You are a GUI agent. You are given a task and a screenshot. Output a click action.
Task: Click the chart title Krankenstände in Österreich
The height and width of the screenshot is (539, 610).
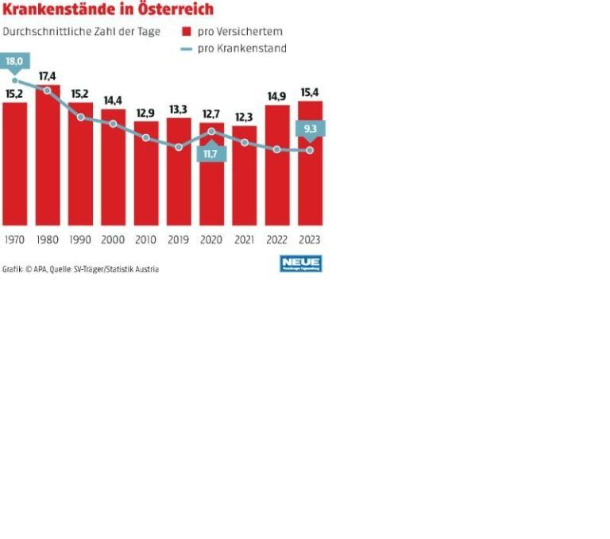(x=108, y=10)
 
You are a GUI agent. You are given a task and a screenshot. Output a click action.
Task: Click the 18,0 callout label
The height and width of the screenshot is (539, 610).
(x=14, y=61)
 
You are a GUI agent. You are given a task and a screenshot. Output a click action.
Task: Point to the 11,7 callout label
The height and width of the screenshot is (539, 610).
(x=210, y=153)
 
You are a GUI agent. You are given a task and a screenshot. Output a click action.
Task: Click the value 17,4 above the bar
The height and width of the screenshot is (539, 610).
(x=48, y=76)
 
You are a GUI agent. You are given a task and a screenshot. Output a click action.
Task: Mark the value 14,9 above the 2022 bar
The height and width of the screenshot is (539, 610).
(x=277, y=97)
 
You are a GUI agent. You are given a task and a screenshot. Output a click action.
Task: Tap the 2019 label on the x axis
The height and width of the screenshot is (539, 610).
(x=179, y=240)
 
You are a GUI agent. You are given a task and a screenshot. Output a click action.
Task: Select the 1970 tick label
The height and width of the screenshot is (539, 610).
(x=14, y=240)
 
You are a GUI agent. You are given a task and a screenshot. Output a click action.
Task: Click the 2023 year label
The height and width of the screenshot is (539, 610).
(x=311, y=240)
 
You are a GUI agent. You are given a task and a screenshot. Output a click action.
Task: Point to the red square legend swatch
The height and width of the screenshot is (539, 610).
(x=187, y=32)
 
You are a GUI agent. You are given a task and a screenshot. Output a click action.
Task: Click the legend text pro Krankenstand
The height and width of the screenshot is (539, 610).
(x=241, y=48)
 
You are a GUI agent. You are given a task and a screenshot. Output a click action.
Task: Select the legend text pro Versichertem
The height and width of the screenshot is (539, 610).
(x=240, y=32)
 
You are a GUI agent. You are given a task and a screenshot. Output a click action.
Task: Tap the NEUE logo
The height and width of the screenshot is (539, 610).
(x=301, y=264)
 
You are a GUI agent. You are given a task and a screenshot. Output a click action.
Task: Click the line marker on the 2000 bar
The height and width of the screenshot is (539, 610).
(x=113, y=124)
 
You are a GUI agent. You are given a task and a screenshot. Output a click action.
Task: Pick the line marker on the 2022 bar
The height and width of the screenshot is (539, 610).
(x=277, y=149)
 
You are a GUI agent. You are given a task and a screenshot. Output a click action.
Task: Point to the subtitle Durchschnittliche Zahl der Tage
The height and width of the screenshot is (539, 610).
(x=81, y=32)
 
